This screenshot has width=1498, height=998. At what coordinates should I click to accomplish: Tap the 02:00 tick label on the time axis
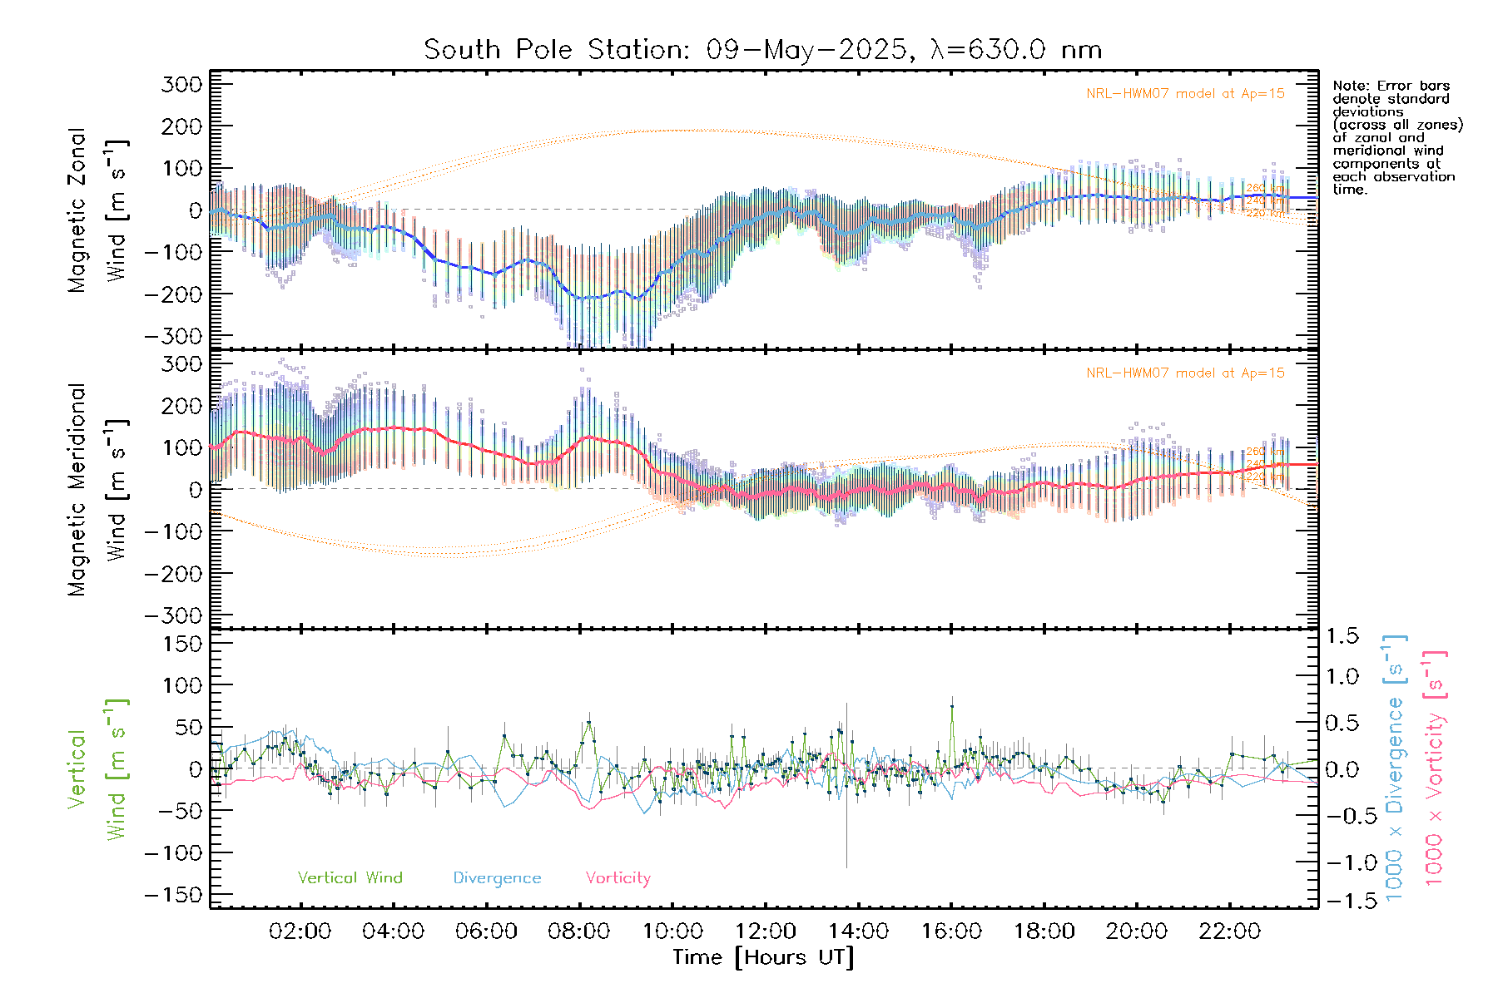(x=300, y=931)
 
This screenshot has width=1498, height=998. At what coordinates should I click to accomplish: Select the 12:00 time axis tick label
(x=766, y=931)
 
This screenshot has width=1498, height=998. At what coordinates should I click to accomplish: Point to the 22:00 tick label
(x=1229, y=931)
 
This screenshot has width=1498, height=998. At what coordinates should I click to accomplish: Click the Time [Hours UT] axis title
(x=763, y=957)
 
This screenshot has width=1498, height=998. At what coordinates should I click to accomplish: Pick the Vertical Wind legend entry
(x=350, y=878)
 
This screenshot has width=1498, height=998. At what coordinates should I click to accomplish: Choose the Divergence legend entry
(x=497, y=878)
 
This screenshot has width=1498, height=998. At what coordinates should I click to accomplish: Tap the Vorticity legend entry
(x=618, y=878)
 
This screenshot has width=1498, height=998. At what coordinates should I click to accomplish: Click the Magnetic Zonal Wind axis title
(x=98, y=210)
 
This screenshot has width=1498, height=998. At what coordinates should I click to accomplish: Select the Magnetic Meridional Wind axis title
(x=98, y=489)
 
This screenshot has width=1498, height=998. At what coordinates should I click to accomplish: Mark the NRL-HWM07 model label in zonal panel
(x=1185, y=94)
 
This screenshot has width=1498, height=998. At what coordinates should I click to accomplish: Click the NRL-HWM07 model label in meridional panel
(x=1185, y=373)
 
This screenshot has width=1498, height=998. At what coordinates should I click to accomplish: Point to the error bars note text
(x=1397, y=137)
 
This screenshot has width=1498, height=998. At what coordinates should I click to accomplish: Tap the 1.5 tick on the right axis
(x=1342, y=636)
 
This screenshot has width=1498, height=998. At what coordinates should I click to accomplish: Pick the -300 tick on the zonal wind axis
(x=174, y=336)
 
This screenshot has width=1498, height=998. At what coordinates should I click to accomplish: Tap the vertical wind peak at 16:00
(x=952, y=706)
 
